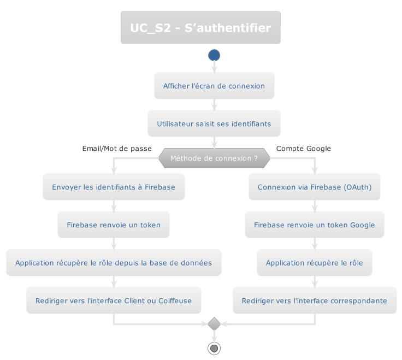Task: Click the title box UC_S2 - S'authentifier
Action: (x=200, y=27)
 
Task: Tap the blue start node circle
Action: (x=214, y=55)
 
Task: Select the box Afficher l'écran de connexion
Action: (x=214, y=86)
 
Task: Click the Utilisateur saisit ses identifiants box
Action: (x=214, y=123)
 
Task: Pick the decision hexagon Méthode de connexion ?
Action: (x=214, y=158)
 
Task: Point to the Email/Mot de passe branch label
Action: (x=117, y=149)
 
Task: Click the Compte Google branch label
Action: (x=303, y=149)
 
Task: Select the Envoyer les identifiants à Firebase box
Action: (x=114, y=187)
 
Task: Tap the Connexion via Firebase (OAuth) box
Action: (x=315, y=187)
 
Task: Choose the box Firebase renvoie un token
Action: (x=114, y=225)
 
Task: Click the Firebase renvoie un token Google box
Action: (x=315, y=225)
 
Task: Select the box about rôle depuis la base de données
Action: (x=114, y=263)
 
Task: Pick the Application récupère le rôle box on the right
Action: (x=315, y=263)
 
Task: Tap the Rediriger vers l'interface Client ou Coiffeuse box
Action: (x=114, y=300)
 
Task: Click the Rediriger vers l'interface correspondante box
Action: (x=315, y=300)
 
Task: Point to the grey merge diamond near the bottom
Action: (x=214, y=324)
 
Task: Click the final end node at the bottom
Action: (x=214, y=348)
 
